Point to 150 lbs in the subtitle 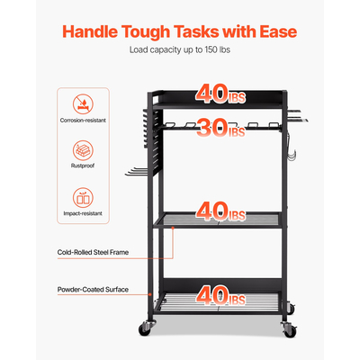(216, 49)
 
